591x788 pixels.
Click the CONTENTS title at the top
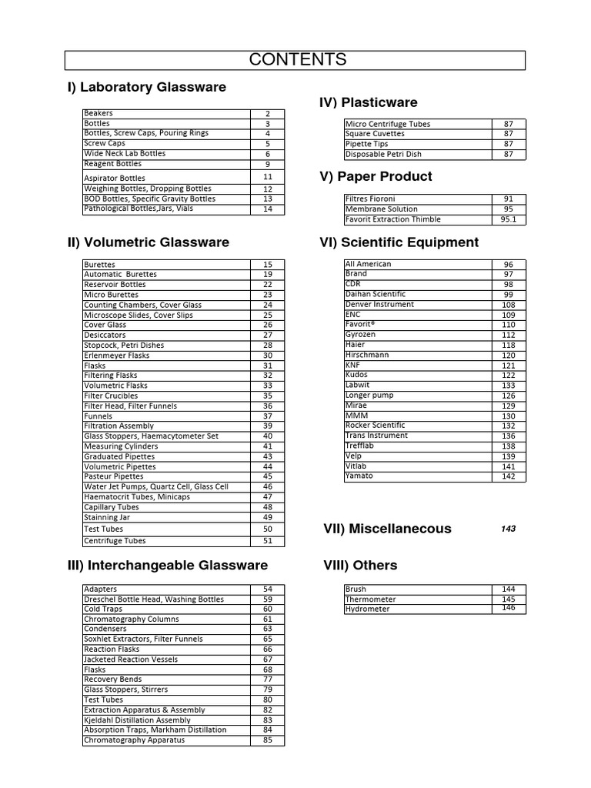(296, 60)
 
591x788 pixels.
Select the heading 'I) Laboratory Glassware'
(147, 88)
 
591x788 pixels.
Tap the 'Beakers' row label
(98, 113)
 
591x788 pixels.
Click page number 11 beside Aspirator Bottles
(268, 177)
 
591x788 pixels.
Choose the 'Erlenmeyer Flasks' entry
(116, 356)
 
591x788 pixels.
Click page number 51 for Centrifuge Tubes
(268, 541)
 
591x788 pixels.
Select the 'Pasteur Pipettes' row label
(113, 476)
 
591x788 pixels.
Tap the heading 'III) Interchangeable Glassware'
(168, 566)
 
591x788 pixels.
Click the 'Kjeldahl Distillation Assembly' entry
(137, 720)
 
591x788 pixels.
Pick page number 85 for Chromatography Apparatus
(268, 741)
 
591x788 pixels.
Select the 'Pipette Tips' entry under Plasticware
(366, 144)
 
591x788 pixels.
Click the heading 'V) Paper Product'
(376, 177)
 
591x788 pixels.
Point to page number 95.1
(509, 219)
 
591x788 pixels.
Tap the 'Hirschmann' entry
(367, 355)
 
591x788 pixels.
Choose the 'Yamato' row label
(359, 476)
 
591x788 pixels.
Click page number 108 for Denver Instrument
(509, 305)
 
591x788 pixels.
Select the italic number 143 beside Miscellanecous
(509, 529)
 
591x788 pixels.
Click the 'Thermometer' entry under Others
(371, 599)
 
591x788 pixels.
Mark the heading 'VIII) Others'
(360, 566)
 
